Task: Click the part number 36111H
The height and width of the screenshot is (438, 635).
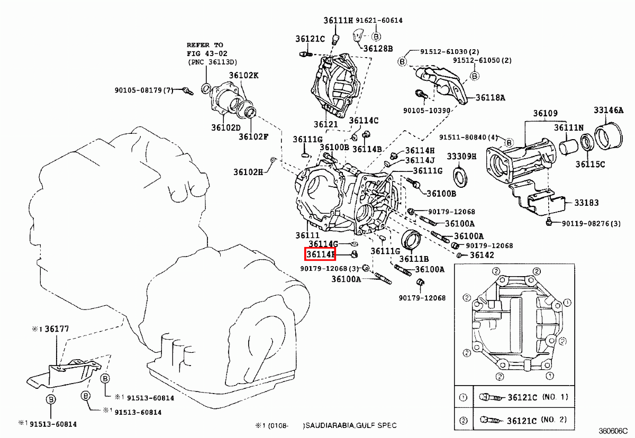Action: [338, 21]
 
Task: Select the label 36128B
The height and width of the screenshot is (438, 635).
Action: [378, 49]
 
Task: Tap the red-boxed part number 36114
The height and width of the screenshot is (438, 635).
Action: [320, 254]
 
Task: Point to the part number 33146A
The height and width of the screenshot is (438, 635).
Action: [609, 110]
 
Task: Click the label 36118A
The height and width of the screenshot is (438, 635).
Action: [490, 98]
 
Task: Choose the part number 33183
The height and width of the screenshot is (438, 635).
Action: [586, 203]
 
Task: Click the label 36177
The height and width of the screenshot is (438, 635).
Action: [57, 329]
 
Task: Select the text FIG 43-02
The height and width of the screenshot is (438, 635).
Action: [207, 53]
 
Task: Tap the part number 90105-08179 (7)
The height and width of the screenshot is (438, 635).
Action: [144, 90]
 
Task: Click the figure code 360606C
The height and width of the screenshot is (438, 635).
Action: [613, 431]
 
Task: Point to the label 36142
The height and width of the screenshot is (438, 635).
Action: [482, 255]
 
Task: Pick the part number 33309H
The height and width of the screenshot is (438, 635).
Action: [461, 157]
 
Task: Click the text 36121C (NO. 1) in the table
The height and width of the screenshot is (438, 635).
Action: [538, 397]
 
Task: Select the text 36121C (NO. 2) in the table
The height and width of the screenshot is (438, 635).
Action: [537, 420]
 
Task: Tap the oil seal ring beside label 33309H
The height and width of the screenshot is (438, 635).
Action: [460, 177]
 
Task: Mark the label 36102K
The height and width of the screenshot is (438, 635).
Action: [243, 75]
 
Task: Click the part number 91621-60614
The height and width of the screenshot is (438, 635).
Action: [379, 21]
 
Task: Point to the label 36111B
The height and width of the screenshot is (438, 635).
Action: [414, 259]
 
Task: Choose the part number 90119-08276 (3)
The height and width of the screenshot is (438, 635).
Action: [592, 224]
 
